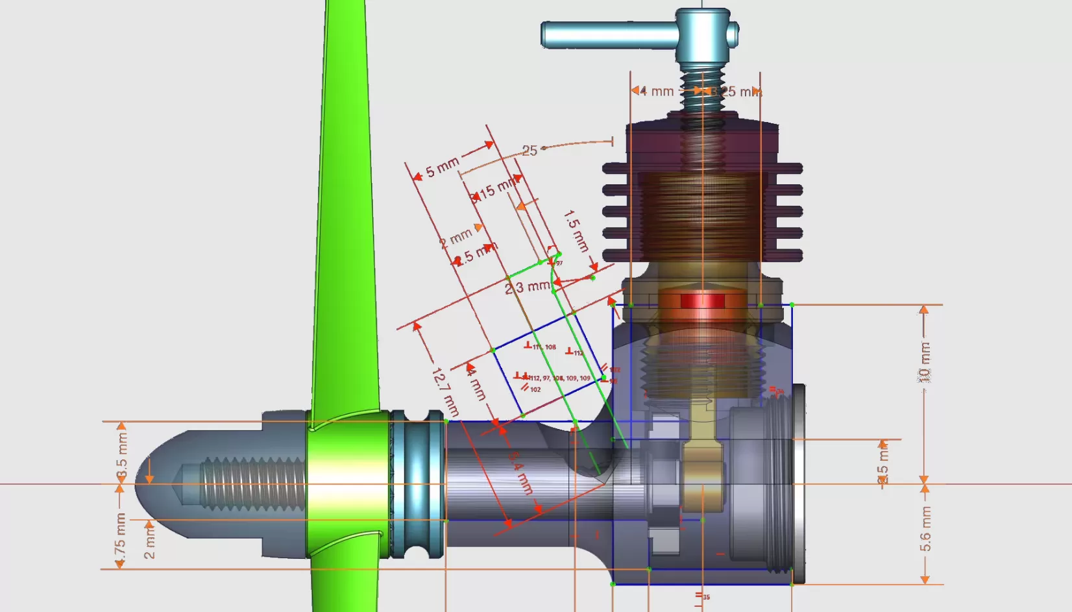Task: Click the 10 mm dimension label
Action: [x=924, y=363]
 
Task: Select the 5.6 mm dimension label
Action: [x=925, y=530]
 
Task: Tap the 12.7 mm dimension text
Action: [x=445, y=391]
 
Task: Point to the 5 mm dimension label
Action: [x=442, y=167]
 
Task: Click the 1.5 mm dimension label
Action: [x=576, y=230]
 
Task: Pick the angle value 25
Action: [x=530, y=151]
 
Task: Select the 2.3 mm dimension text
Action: [x=528, y=286]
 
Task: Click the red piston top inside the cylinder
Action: [x=701, y=301]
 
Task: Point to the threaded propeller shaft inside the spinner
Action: [x=253, y=483]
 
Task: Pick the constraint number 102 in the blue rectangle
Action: [x=535, y=389]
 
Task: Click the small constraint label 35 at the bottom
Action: [x=705, y=596]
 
